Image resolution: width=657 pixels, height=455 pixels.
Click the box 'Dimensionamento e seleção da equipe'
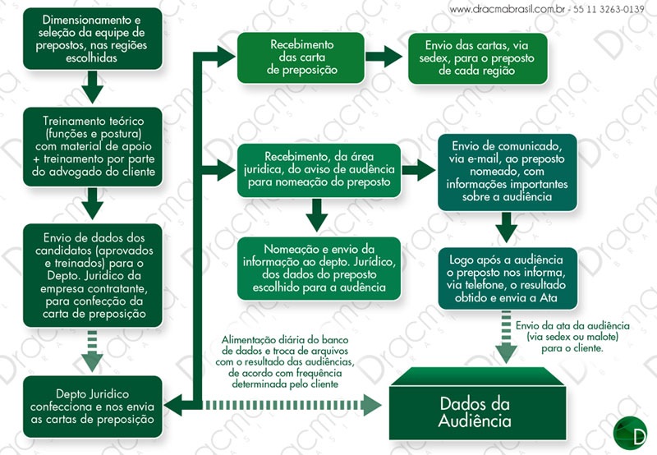(91, 40)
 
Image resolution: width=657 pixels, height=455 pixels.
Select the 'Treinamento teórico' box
(92, 146)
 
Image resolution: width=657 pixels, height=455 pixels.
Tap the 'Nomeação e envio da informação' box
(319, 268)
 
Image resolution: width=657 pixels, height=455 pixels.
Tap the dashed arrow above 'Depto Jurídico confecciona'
(92, 354)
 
